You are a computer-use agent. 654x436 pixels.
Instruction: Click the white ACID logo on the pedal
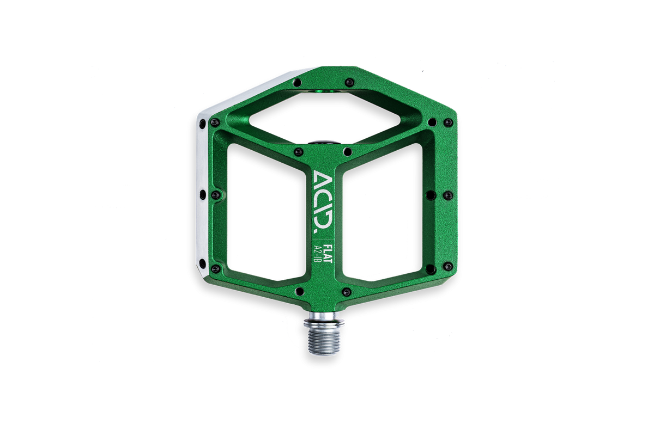323,202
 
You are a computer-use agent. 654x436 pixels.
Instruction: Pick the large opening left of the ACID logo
267,212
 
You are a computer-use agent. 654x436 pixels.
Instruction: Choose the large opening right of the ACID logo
382,212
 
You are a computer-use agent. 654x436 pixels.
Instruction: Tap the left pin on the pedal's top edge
298,82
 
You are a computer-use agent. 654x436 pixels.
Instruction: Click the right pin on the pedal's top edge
349,82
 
